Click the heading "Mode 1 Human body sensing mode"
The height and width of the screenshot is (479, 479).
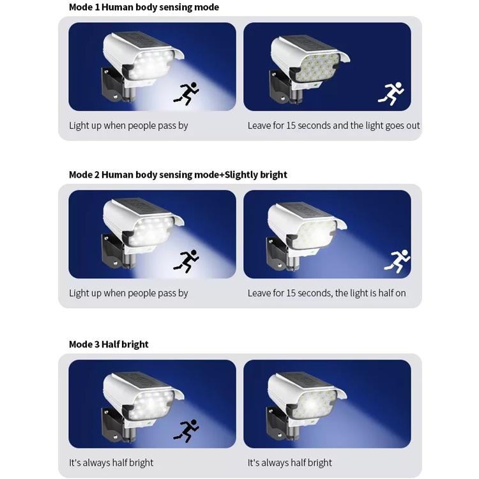point(144,7)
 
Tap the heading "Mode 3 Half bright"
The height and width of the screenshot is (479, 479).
point(109,344)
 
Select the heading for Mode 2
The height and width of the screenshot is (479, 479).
point(178,175)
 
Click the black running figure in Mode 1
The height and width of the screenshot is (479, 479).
point(186,93)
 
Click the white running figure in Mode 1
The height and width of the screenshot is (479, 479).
point(391,93)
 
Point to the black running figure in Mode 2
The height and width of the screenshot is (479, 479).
point(186,261)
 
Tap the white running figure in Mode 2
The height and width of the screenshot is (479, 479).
point(397,261)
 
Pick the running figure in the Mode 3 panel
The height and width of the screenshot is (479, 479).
point(186,430)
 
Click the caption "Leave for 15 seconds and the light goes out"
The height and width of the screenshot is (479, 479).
point(333,126)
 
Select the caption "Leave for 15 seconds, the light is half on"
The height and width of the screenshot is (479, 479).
point(326,293)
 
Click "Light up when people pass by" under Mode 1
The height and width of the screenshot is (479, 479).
point(128,126)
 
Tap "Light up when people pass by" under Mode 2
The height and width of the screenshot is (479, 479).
point(128,293)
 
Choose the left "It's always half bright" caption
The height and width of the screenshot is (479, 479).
point(111,462)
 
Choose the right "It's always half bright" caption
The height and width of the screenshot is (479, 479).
point(289,462)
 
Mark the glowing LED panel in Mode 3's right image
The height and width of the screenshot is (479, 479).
point(314,404)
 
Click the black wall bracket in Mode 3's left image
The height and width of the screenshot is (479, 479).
point(112,422)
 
